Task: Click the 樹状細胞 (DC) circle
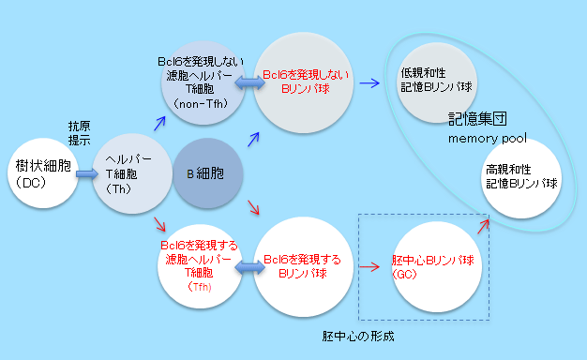tap(40, 174)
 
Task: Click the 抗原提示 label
tap(79, 132)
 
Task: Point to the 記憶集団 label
tap(478, 120)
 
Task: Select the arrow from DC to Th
tap(87, 174)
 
